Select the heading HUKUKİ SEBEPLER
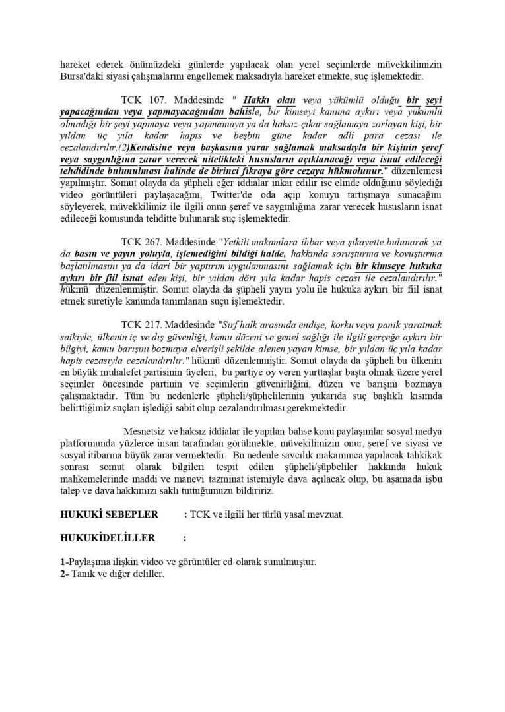[109, 514]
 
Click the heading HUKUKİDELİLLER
[108, 538]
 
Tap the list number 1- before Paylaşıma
[64, 562]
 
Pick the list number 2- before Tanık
[65, 574]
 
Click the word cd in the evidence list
[222, 562]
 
